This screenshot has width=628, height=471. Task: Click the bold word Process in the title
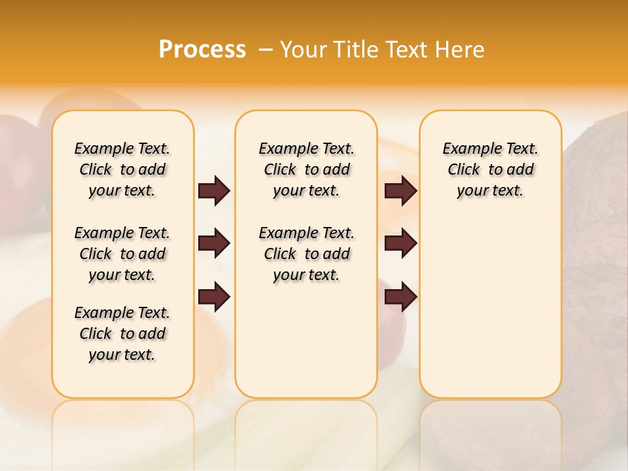coord(202,49)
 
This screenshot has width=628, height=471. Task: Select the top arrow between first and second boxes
coord(214,190)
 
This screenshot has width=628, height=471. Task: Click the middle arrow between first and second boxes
coord(214,243)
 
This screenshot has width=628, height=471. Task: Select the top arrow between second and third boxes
coord(401,190)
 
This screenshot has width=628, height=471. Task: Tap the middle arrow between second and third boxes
coord(401,243)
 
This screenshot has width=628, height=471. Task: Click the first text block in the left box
coord(122,169)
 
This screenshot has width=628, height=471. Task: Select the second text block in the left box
coord(122,254)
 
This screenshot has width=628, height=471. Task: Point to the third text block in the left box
coord(122,334)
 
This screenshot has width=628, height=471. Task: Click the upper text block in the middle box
coord(306,169)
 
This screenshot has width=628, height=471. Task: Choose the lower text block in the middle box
coord(306,254)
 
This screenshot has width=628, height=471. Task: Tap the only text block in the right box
coord(491,169)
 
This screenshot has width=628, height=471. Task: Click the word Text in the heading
coord(407,49)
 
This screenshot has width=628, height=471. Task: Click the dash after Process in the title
coord(265,49)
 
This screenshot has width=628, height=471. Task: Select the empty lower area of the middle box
coord(306,340)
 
